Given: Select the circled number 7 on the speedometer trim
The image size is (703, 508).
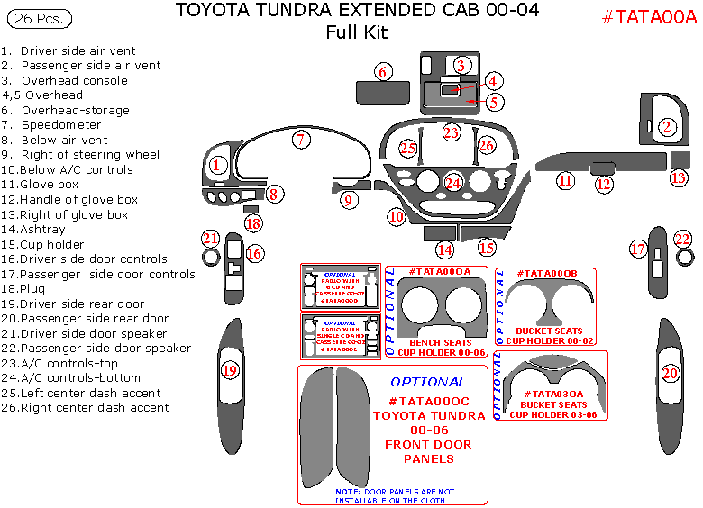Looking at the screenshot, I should point(301,139).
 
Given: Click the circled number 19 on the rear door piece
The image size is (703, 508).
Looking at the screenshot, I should point(230,369).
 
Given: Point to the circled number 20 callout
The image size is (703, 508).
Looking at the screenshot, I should point(670,372).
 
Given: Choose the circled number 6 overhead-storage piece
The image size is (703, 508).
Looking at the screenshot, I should point(383,72).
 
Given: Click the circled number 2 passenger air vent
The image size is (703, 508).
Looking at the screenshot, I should point(667,127).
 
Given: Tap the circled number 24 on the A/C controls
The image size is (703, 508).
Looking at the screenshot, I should point(453,183).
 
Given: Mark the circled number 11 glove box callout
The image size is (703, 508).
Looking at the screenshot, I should point(565,180).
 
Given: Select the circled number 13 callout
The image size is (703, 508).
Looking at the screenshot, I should point(679,177).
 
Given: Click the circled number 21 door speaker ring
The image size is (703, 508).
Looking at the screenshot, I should point(211,238).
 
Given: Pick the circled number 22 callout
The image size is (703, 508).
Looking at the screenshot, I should point(683,239).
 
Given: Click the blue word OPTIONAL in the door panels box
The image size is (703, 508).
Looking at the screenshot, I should point(428,381).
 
